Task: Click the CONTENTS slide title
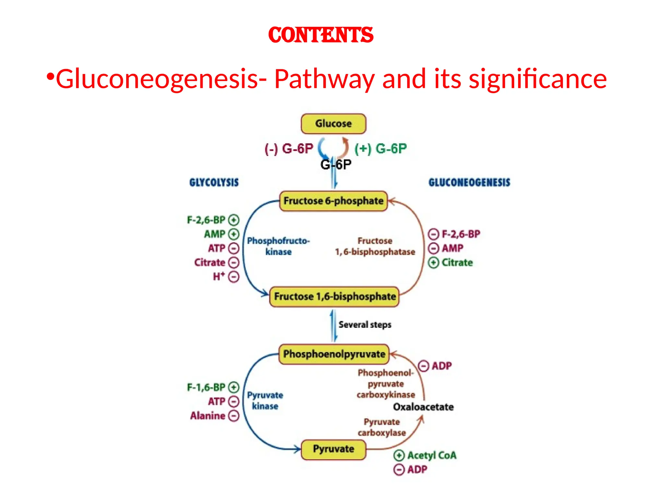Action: pyautogui.click(x=321, y=35)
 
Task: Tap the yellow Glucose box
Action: pyautogui.click(x=333, y=124)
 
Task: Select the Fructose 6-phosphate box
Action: pyautogui.click(x=333, y=201)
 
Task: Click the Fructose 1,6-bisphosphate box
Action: pyautogui.click(x=334, y=296)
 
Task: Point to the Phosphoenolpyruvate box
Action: pyautogui.click(x=334, y=354)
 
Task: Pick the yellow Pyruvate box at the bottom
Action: pyautogui.click(x=333, y=449)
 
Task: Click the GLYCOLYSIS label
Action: pyautogui.click(x=214, y=183)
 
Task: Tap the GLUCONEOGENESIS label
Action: pyautogui.click(x=469, y=183)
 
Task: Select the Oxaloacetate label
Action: pyautogui.click(x=423, y=407)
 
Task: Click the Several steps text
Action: pyautogui.click(x=365, y=325)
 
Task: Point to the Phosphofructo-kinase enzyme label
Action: pyautogui.click(x=278, y=246)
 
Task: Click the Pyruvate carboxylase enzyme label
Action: pyautogui.click(x=382, y=427)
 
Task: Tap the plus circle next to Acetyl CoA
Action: pyautogui.click(x=399, y=456)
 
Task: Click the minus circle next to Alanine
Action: pyautogui.click(x=233, y=416)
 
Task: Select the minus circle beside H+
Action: pyautogui.click(x=233, y=277)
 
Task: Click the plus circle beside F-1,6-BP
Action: pyautogui.click(x=233, y=387)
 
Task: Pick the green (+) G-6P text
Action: pyautogui.click(x=380, y=149)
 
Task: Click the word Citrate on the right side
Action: pyautogui.click(x=457, y=262)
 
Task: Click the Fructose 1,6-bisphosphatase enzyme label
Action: pyautogui.click(x=375, y=246)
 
